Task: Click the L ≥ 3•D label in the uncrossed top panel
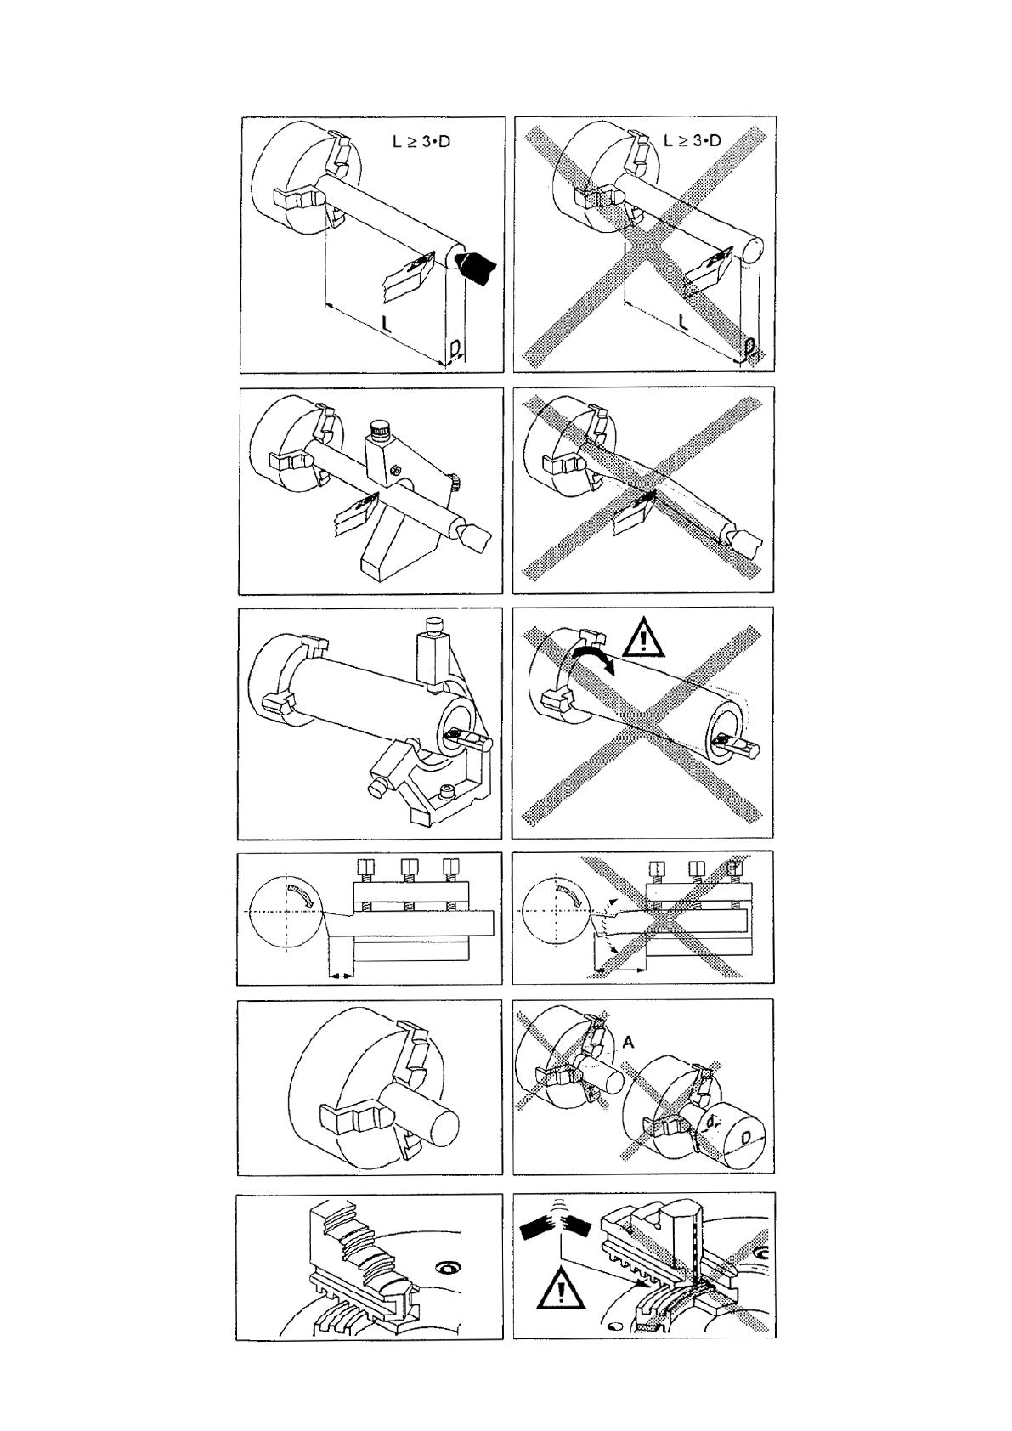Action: pos(422,140)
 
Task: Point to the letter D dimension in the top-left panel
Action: pos(455,349)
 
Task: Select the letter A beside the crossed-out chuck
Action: pos(627,1041)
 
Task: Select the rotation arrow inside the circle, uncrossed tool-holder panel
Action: pos(302,892)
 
